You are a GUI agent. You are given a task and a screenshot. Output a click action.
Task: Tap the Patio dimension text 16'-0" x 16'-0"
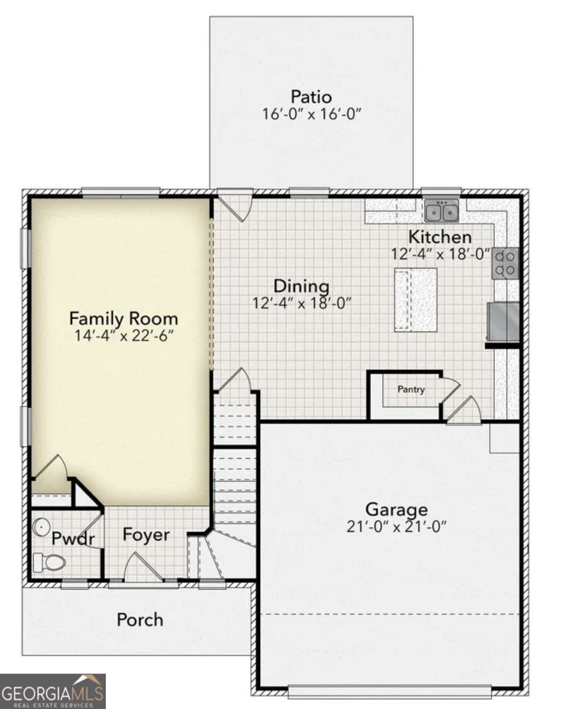point(312,114)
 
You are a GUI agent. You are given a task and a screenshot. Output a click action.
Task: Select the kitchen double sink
point(441,210)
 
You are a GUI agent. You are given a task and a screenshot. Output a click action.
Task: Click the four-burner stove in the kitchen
point(506,264)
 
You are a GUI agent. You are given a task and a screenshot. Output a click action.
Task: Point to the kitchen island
point(416,300)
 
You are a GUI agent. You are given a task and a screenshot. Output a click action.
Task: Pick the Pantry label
point(411,389)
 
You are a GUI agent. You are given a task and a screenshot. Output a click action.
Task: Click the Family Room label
point(124,318)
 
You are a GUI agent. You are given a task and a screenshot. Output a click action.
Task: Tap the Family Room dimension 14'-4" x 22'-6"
point(124,336)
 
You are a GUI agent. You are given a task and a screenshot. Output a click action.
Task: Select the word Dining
point(302,285)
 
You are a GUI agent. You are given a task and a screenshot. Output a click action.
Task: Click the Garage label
point(397,509)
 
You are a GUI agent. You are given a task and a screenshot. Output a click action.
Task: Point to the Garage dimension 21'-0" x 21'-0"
point(397,526)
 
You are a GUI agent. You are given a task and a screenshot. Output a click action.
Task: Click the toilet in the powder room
point(49,562)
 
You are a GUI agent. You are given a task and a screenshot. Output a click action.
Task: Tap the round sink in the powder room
point(41,527)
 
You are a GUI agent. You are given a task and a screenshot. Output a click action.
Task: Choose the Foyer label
point(147,535)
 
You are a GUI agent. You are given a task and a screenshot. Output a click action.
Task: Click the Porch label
point(140,620)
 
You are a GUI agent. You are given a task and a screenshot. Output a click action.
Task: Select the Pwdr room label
point(73,539)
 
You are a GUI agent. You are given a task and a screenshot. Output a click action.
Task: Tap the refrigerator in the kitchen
point(503,321)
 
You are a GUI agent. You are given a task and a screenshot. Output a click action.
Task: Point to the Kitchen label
point(440,237)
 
